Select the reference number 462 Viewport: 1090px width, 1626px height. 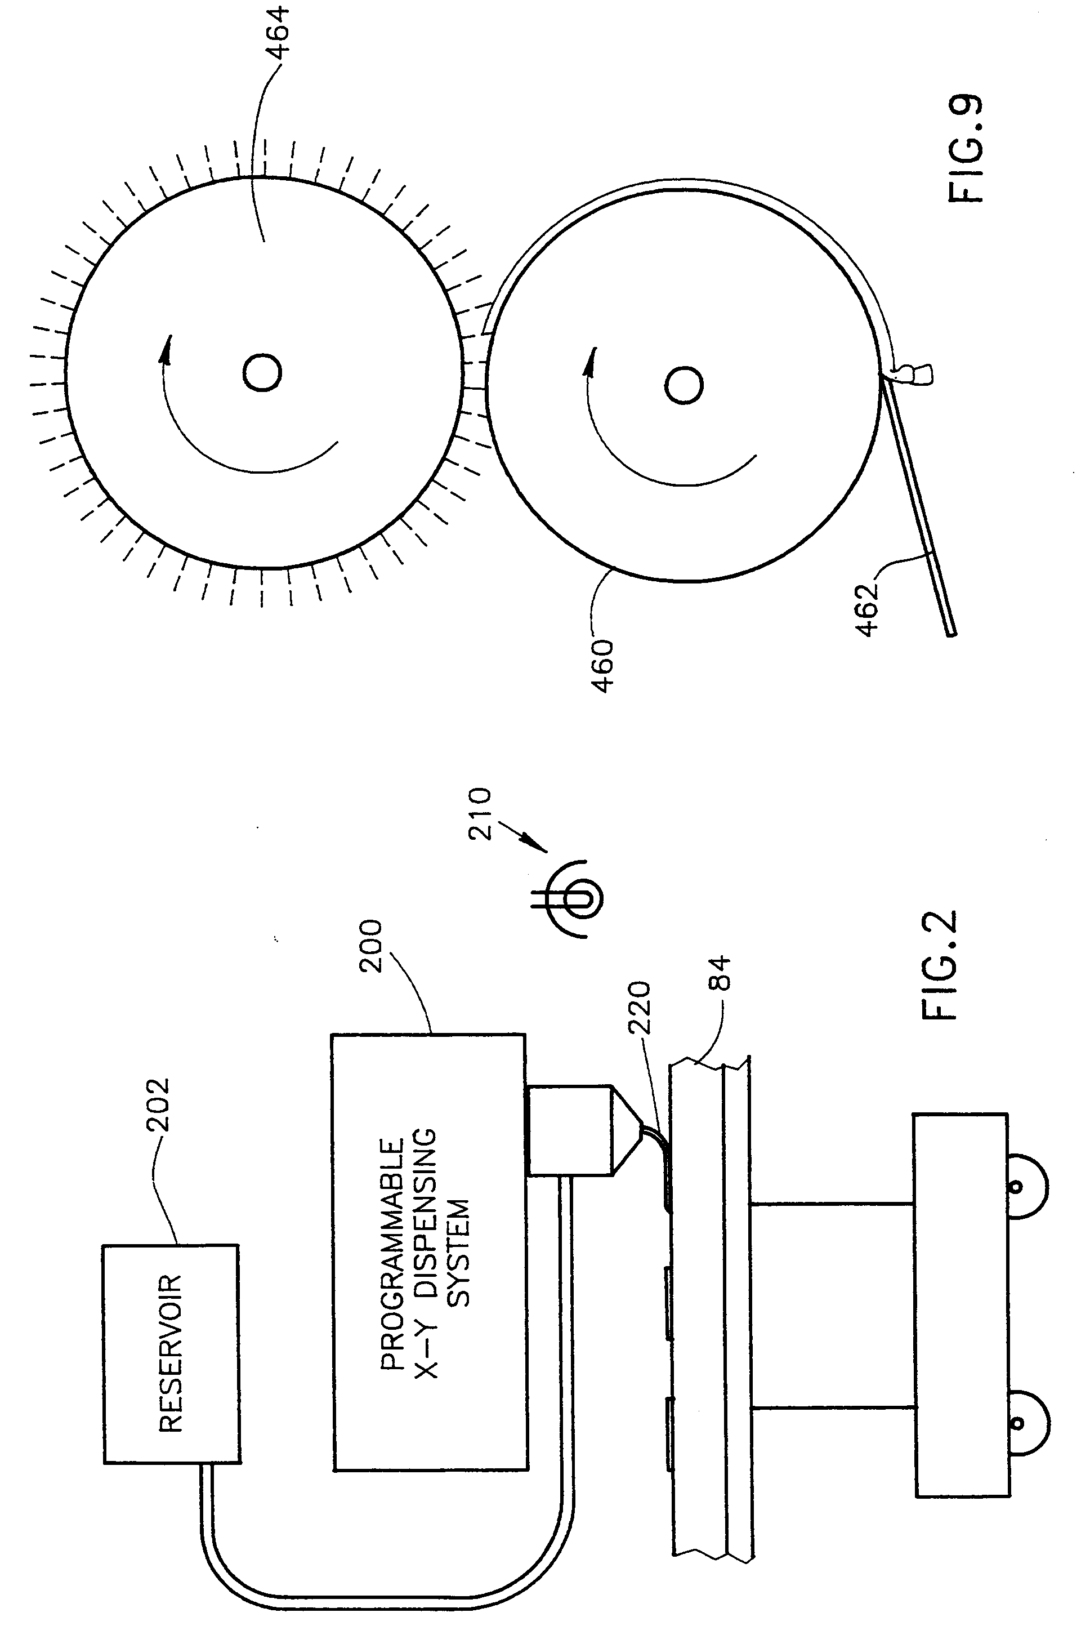(868, 610)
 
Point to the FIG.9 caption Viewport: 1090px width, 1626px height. (966, 149)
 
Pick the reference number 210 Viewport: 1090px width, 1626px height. (480, 814)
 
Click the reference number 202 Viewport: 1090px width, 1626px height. (158, 1107)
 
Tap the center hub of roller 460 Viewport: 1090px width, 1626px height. (684, 385)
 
